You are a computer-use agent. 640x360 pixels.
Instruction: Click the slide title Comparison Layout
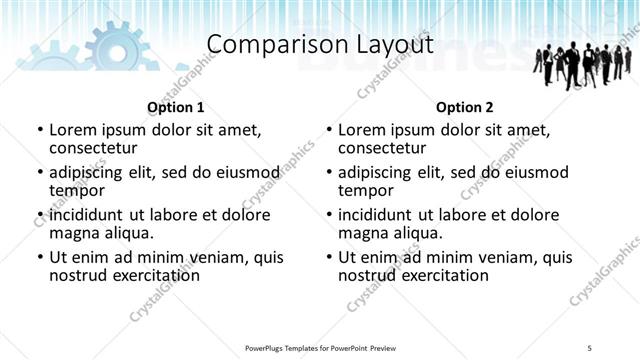click(320, 45)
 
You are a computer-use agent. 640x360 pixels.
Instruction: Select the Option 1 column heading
click(176, 107)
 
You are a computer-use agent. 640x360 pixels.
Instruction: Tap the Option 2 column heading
click(465, 107)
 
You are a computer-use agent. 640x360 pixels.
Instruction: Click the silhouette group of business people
click(585, 66)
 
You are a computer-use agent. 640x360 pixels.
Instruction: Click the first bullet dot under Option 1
click(39, 130)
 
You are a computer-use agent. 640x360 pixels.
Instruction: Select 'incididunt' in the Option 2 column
click(381, 215)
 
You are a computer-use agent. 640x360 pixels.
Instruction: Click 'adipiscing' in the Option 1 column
click(94, 172)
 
